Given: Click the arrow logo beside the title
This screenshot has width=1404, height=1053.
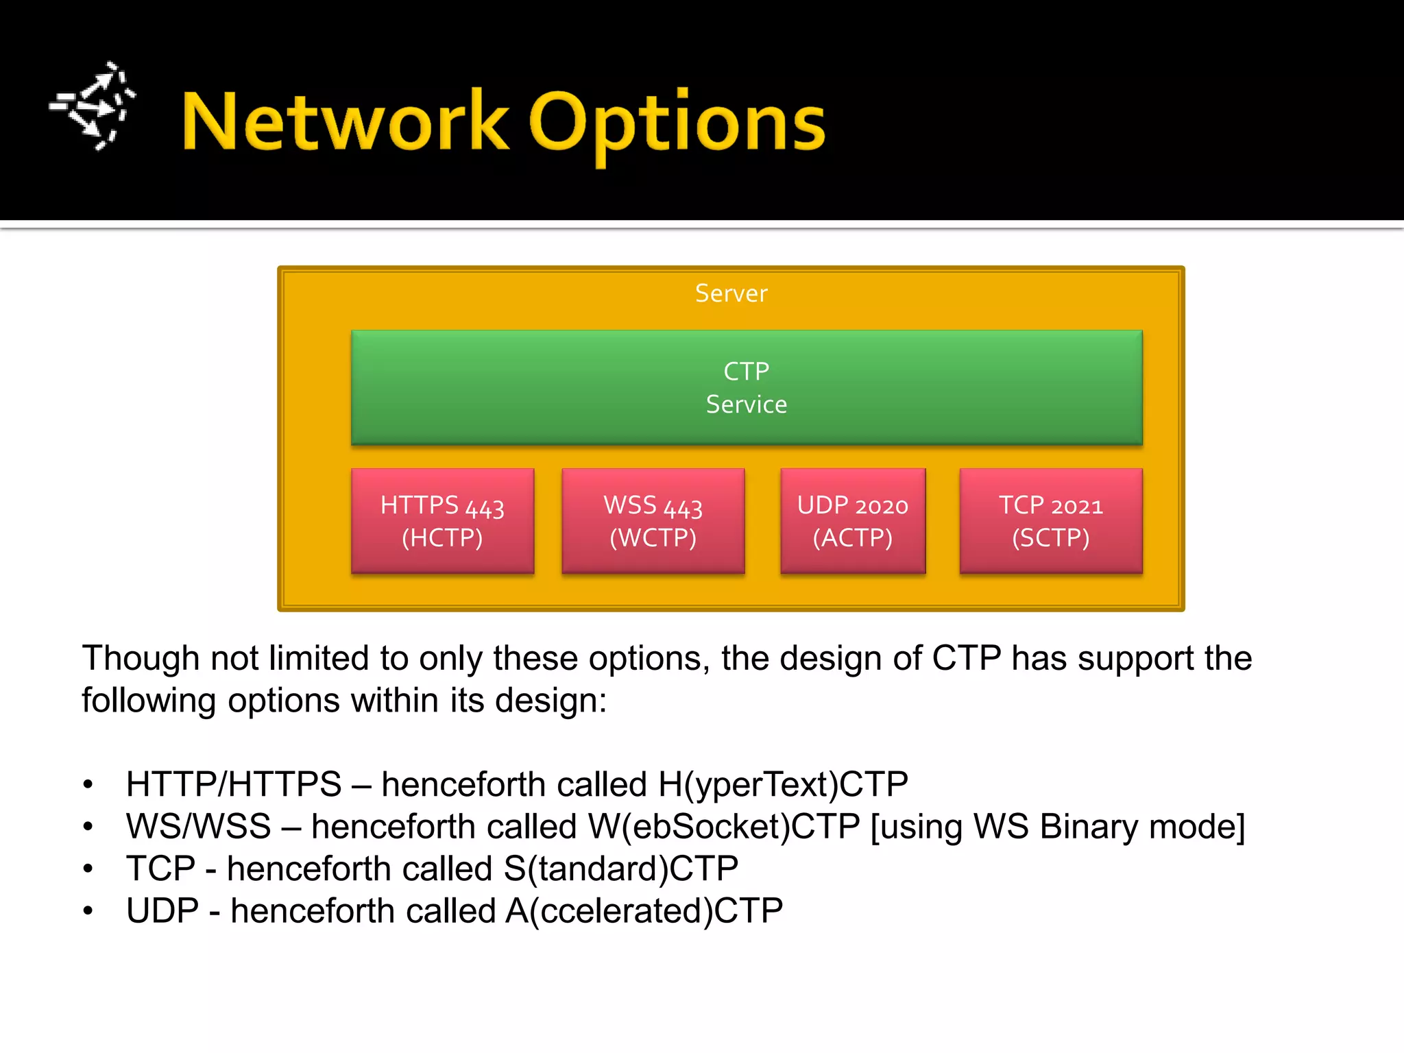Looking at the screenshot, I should [93, 106].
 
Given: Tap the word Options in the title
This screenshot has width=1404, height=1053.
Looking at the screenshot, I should [677, 123].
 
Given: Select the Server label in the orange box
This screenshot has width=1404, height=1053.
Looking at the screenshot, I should [731, 293].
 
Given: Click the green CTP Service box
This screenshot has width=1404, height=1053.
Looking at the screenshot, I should [746, 387].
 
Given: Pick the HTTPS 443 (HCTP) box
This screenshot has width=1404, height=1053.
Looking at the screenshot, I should [442, 521].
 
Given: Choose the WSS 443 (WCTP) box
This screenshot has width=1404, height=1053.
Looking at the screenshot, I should [653, 521].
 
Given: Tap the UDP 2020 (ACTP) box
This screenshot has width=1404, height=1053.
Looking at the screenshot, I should [853, 521].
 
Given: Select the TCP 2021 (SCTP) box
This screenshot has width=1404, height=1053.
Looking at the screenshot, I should [1050, 521].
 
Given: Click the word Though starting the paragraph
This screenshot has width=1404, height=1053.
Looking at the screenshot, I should [141, 658].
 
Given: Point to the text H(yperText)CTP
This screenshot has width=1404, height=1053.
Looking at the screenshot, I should [782, 784].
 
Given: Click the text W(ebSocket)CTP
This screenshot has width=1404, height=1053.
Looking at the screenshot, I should [723, 827].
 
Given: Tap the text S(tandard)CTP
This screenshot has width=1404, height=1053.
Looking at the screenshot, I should [620, 869].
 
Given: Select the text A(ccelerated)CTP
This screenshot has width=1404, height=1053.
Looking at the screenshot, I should [644, 911].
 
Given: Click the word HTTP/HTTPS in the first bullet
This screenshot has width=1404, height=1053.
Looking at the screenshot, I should [233, 784].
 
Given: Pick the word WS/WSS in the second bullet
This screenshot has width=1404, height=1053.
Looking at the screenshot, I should [198, 827].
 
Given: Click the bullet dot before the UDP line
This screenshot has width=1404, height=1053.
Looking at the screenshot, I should [88, 911].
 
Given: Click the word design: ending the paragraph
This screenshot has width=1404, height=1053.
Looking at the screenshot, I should [550, 701].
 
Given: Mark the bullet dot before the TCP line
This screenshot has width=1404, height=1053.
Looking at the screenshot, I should [88, 869].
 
